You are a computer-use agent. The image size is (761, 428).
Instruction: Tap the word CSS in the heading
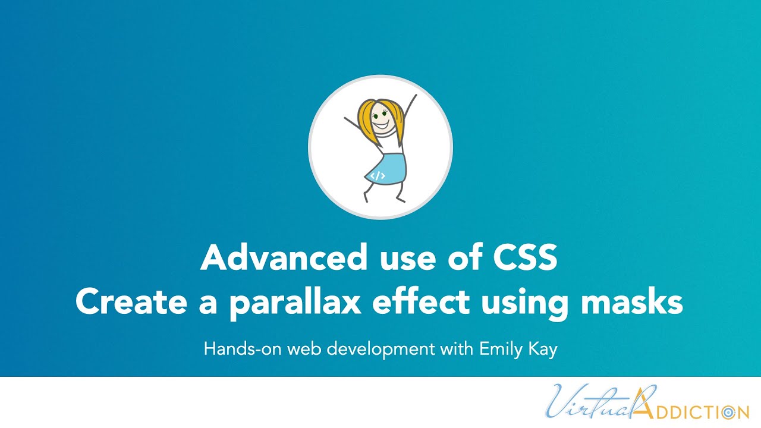[x=524, y=258]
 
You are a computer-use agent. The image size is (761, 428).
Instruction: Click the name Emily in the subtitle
[x=499, y=349]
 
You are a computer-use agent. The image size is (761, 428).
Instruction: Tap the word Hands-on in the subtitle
[x=243, y=349]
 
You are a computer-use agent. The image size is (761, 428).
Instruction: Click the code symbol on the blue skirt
[x=378, y=176]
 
